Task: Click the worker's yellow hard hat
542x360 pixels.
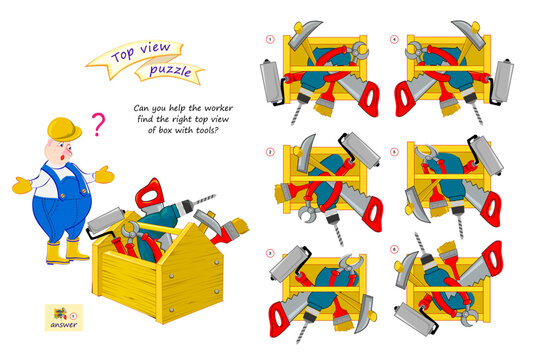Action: (x=63, y=129)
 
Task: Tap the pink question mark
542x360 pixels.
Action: (x=97, y=124)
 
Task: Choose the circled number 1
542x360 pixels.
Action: (x=268, y=41)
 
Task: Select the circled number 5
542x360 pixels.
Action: (x=394, y=152)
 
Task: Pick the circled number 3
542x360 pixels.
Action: (x=268, y=253)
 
